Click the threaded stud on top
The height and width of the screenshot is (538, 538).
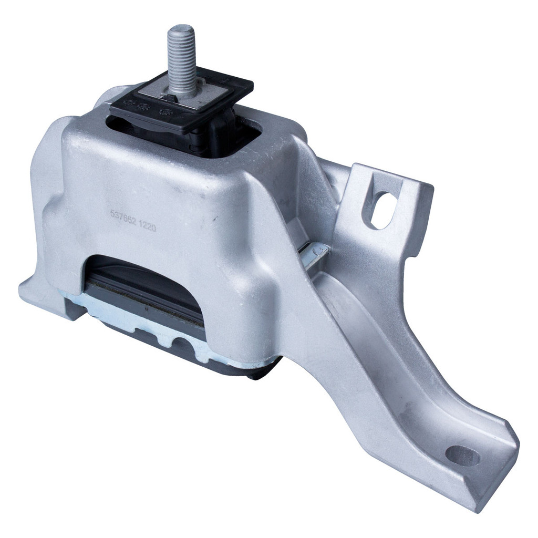pyautogui.click(x=182, y=60)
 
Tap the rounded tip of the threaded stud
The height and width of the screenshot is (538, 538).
pyautogui.click(x=181, y=29)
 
